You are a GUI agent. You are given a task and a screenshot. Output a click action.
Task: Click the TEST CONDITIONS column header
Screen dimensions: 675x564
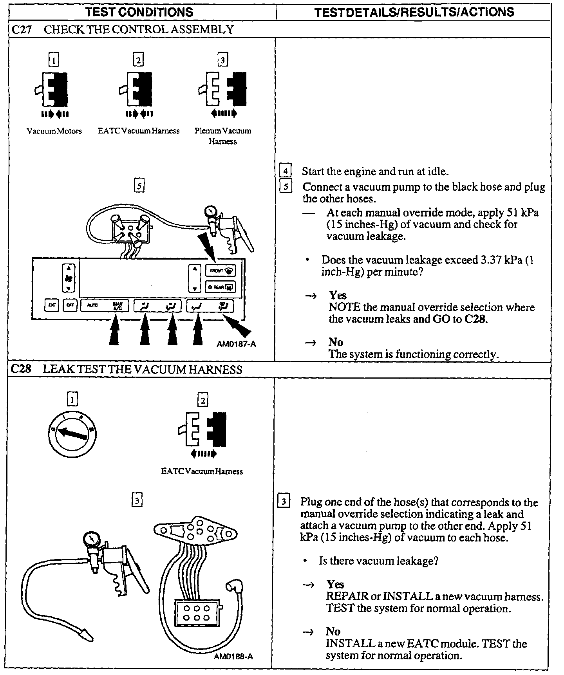point(139,12)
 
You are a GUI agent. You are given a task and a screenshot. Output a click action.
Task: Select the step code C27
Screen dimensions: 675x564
point(22,30)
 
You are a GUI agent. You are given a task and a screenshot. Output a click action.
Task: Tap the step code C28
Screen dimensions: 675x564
point(21,369)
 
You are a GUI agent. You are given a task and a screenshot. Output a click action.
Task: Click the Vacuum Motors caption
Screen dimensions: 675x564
point(54,131)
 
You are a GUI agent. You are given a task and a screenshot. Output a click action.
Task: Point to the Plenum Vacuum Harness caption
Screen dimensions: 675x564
point(223,136)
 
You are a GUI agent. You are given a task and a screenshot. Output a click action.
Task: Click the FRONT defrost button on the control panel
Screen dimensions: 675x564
point(220,271)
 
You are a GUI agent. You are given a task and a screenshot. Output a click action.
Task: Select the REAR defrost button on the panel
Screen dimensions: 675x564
point(220,287)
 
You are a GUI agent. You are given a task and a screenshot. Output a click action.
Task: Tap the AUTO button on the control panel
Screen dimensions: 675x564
point(92,305)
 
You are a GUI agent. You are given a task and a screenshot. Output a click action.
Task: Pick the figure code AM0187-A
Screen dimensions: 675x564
point(236,344)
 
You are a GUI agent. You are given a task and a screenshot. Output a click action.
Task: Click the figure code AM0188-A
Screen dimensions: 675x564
point(233,657)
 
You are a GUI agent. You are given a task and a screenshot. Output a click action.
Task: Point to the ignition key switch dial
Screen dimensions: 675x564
point(72,433)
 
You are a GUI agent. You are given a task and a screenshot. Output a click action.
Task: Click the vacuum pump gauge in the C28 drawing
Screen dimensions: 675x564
point(91,540)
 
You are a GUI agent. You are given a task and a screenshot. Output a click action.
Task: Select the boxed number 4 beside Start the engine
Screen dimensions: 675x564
point(285,171)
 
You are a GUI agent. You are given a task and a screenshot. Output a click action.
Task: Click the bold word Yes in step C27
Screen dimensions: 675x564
point(338,295)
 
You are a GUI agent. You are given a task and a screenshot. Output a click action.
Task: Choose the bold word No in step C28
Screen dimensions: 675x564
point(333,631)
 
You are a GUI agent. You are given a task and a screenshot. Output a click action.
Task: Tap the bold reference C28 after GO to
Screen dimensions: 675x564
point(476,319)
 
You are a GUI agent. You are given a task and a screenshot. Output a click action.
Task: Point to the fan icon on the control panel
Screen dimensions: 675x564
point(68,279)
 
